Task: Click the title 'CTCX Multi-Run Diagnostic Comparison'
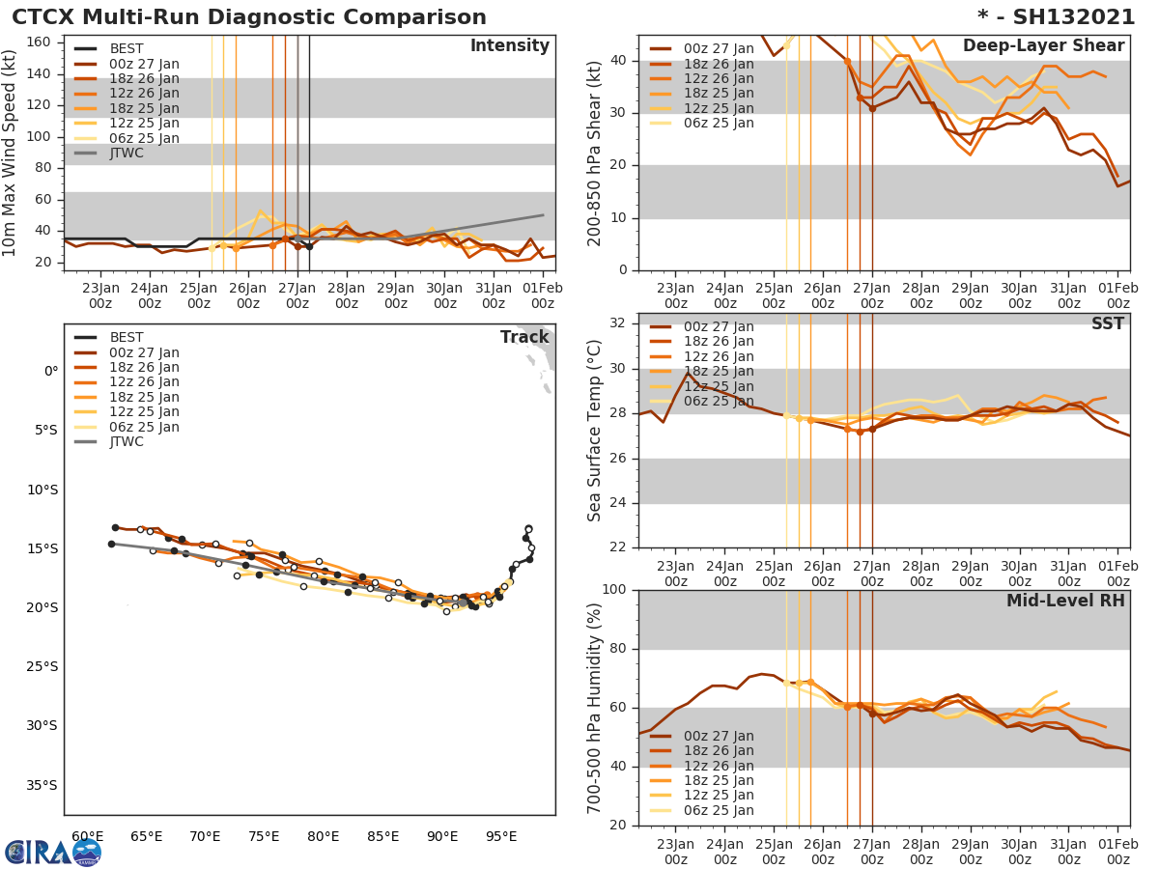coord(249,17)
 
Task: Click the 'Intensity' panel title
coord(509,46)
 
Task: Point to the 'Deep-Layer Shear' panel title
coord(1043,46)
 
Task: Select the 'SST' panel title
coord(1107,323)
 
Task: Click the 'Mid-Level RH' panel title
coord(1065,601)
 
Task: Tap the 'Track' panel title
coord(524,337)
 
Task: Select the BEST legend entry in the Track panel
coord(127,337)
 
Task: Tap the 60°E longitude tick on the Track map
coord(88,836)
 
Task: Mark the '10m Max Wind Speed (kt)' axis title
coord(11,152)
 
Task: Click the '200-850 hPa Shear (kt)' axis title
coord(596,152)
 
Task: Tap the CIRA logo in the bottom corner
coord(53,853)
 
